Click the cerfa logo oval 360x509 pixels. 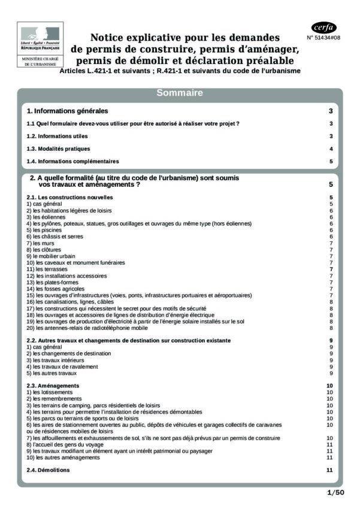click(x=324, y=28)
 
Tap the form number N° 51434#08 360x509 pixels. click(x=323, y=38)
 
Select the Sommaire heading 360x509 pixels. click(x=180, y=93)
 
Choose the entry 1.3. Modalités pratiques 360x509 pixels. click(x=59, y=149)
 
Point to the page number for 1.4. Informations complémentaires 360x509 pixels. click(x=331, y=161)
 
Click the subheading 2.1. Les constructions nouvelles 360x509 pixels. click(x=70, y=197)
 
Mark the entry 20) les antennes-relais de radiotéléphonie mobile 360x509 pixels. click(x=87, y=328)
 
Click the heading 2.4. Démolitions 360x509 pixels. click(x=49, y=470)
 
